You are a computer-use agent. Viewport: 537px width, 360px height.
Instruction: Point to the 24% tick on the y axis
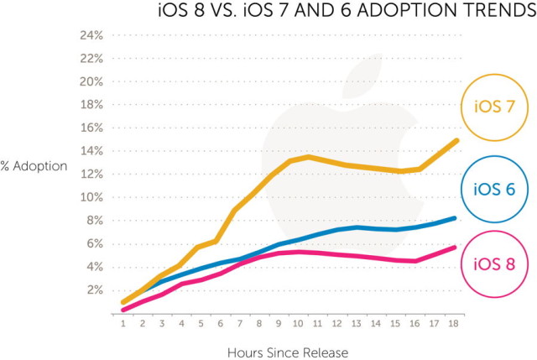tap(91, 35)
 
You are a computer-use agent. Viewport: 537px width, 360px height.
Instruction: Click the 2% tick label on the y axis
tap(94, 290)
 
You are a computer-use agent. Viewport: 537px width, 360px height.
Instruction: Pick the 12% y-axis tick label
tap(91, 174)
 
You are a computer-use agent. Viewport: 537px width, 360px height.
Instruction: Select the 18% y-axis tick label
tap(91, 105)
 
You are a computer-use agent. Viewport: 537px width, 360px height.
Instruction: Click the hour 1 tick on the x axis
tap(124, 323)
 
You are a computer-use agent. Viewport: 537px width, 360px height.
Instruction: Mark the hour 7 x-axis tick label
tap(241, 323)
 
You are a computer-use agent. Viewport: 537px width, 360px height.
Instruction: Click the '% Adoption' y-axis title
tap(34, 165)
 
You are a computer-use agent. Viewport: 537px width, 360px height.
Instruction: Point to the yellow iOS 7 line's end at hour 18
tap(456, 141)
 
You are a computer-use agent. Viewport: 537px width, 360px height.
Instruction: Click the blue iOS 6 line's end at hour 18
tap(454, 218)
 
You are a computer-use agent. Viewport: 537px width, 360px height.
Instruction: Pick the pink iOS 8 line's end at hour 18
tap(454, 248)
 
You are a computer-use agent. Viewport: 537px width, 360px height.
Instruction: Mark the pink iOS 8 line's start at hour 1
tap(124, 310)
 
